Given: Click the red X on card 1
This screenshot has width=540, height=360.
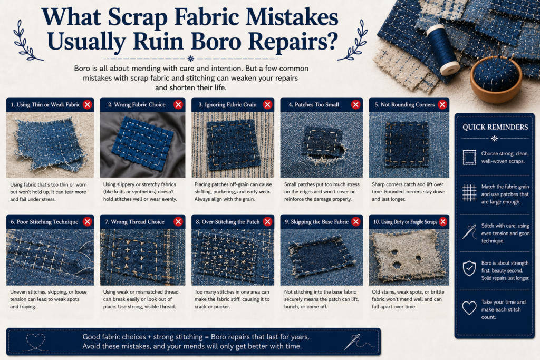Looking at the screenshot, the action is click(88, 105).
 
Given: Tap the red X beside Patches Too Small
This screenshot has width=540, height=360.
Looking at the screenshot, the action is click(356, 105).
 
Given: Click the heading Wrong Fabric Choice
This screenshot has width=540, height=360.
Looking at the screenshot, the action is click(137, 105).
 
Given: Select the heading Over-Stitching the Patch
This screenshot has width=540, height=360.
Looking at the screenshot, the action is click(228, 222).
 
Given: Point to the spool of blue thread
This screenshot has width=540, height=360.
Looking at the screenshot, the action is click(443, 50).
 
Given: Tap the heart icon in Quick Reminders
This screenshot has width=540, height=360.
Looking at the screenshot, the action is click(469, 308).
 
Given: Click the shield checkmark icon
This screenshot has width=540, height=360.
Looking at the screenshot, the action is click(469, 268).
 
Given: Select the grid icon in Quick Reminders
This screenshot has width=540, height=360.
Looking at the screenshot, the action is click(469, 193).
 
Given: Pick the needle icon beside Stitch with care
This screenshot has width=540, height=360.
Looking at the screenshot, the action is click(469, 231).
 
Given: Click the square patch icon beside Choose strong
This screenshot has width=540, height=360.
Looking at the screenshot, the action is click(469, 157).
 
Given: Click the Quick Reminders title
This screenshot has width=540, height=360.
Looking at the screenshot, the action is click(495, 127).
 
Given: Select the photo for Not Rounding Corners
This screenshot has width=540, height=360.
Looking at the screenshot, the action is click(409, 145).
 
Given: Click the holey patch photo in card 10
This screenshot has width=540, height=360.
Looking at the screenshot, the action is click(409, 257).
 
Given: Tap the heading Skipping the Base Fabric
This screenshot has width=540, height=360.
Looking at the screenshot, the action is click(316, 222).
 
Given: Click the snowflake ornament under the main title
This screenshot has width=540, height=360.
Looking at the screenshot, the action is click(191, 59).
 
